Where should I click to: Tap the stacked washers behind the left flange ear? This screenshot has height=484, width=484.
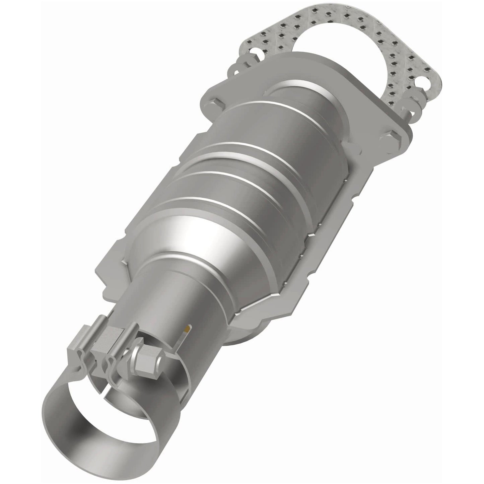click(234, 67)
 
